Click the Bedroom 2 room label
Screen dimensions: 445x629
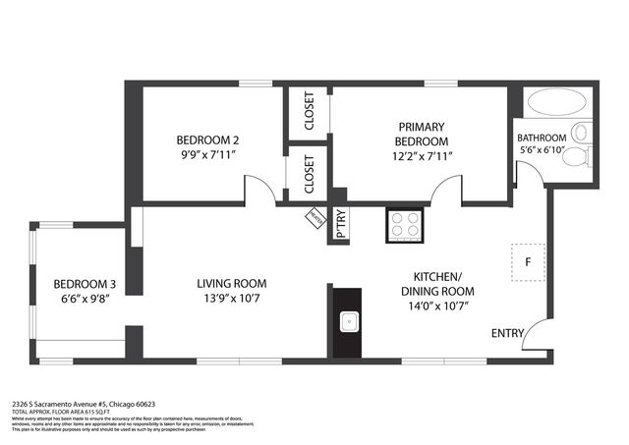click(x=207, y=139)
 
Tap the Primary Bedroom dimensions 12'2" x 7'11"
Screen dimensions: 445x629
click(x=422, y=155)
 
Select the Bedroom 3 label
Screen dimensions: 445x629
click(x=85, y=284)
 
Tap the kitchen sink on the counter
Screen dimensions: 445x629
click(x=347, y=319)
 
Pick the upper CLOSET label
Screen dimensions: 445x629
click(x=309, y=113)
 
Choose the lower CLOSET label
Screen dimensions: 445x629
click(x=309, y=174)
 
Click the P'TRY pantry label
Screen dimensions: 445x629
click(x=340, y=224)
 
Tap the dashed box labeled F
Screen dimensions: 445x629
click(x=527, y=262)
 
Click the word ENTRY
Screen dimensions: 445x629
click(x=507, y=334)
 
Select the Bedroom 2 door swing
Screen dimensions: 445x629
click(x=259, y=189)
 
